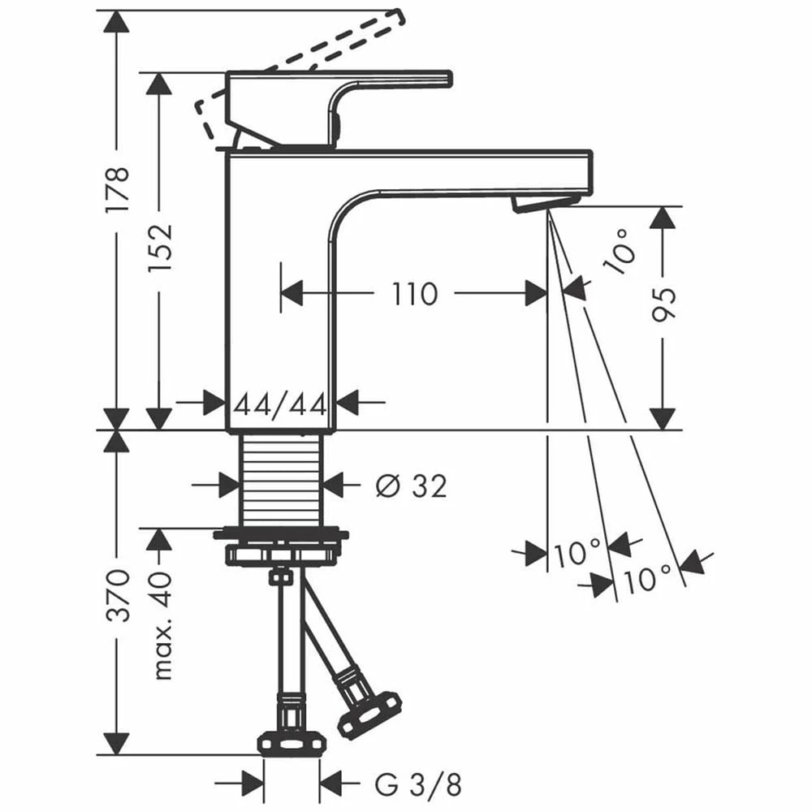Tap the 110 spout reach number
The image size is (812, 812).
pos(415,293)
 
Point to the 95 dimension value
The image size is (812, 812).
pos(664,302)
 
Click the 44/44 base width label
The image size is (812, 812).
pos(280,403)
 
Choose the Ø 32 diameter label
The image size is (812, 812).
pos(411,486)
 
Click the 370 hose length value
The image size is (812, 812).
pos(118,595)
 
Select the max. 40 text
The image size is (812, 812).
pos(162,625)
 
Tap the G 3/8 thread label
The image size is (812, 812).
pos(419,784)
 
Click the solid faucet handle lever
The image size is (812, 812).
pos(365,80)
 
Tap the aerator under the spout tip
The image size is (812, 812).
pos(544,203)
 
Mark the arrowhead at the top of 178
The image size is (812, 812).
pos(117,21)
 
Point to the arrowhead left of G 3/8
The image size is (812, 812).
pos(252,784)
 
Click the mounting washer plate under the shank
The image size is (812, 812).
pos(280,535)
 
